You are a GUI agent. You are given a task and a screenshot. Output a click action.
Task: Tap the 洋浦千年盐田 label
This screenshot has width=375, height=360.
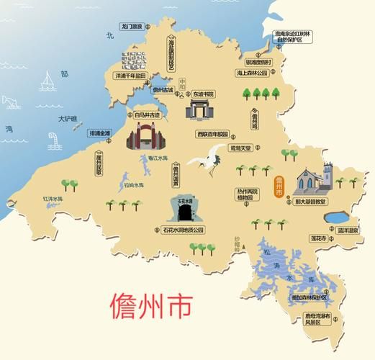pos(130,75)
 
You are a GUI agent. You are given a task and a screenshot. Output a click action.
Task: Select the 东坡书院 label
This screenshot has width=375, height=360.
pos(203,94)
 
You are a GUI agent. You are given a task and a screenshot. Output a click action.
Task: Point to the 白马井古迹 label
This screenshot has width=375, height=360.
pos(148,114)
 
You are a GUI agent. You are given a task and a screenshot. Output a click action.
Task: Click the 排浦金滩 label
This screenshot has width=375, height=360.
pos(99,133)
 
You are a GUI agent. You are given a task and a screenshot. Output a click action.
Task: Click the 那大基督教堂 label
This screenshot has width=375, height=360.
pos(312,202)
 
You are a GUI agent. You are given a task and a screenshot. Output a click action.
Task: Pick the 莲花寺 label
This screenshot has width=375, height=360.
pos(317,238)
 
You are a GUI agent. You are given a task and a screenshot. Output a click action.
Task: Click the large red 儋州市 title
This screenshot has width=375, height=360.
pos(150,306)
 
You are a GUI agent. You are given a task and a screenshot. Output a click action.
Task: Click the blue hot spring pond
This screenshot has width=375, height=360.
pos(336,217)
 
